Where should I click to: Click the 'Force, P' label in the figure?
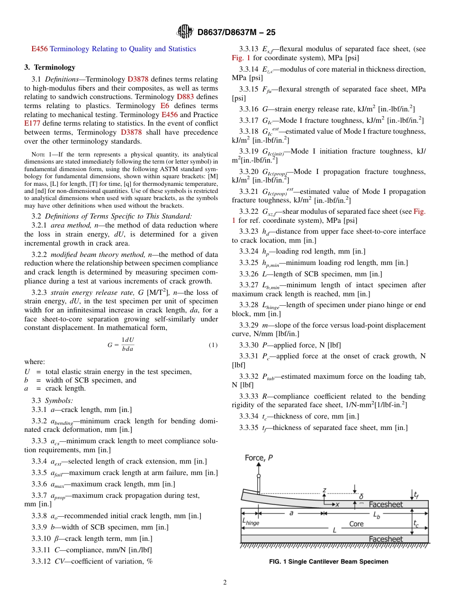pyautogui.click(x=259, y=457)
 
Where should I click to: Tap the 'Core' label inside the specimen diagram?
pyautogui.click(x=356, y=524)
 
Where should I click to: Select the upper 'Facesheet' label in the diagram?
pyautogui.click(x=386, y=504)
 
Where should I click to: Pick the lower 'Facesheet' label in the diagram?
pyautogui.click(x=386, y=539)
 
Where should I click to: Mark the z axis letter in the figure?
pyautogui.click(x=324, y=490)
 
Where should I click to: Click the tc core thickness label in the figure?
pyautogui.click(x=416, y=524)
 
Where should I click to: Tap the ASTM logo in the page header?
pyautogui.click(x=185, y=32)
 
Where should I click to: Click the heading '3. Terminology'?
pyautogui.click(x=50, y=67)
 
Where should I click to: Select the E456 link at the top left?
pyautogui.click(x=39, y=49)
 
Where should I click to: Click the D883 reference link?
pyautogui.click(x=179, y=97)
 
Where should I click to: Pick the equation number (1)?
pyautogui.click(x=213, y=345)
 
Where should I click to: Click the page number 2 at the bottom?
pyautogui.click(x=225, y=583)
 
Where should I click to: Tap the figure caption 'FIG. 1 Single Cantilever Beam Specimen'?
pyautogui.click(x=328, y=561)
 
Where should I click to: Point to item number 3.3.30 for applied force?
pyautogui.click(x=249, y=345)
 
